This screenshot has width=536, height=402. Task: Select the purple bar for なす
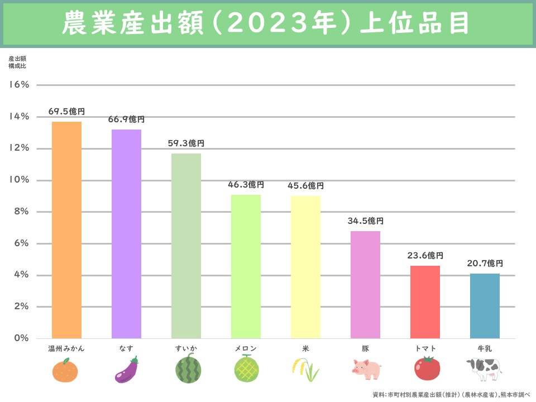click(126, 234)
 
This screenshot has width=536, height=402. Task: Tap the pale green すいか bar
click(186, 246)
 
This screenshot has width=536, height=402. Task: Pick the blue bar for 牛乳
click(485, 306)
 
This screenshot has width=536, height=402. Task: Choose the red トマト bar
click(425, 302)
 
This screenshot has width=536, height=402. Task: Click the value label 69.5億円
click(66, 112)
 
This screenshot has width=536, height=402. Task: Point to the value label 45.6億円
click(305, 186)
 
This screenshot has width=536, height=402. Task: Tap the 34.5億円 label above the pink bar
click(365, 221)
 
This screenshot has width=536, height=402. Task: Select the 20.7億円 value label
click(485, 264)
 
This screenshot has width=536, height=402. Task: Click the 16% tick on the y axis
click(19, 85)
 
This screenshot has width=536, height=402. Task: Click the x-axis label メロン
click(246, 348)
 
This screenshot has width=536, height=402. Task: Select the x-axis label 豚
click(365, 348)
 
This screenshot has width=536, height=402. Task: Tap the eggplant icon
click(126, 370)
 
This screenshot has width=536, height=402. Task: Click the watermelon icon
click(186, 369)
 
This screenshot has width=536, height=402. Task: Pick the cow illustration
click(485, 369)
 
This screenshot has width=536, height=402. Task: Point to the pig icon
click(366, 369)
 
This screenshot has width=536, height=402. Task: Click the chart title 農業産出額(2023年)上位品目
click(268, 24)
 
